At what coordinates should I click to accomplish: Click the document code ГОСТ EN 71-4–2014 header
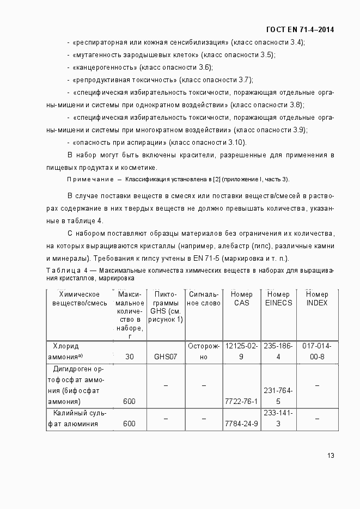click(300, 29)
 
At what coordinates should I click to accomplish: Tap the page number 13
click(330, 456)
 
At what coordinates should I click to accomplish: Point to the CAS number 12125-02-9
click(241, 351)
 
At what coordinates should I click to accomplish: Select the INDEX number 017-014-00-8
click(316, 351)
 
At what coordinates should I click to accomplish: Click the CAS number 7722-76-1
click(241, 401)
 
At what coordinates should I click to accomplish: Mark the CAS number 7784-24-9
click(241, 424)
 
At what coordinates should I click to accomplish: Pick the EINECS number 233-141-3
click(278, 418)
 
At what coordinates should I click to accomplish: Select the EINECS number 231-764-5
click(278, 396)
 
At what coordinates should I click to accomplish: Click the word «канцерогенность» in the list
click(104, 67)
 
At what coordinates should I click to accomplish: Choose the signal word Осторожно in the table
click(203, 351)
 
